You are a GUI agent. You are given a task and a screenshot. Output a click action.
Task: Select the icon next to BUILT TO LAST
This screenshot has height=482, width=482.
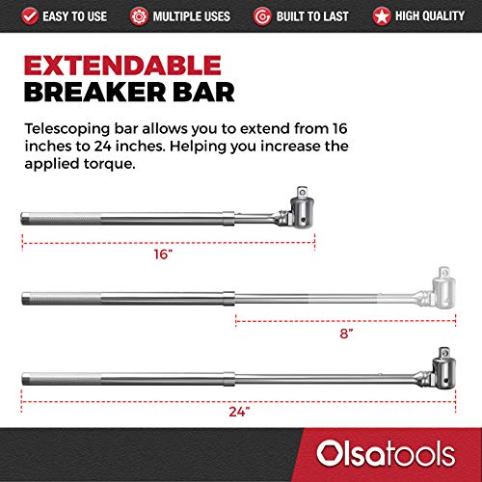point(262,15)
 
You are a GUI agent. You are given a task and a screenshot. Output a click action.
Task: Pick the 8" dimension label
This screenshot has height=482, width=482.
point(345,332)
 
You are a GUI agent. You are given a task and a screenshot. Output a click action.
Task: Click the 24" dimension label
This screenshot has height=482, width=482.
point(241,412)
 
